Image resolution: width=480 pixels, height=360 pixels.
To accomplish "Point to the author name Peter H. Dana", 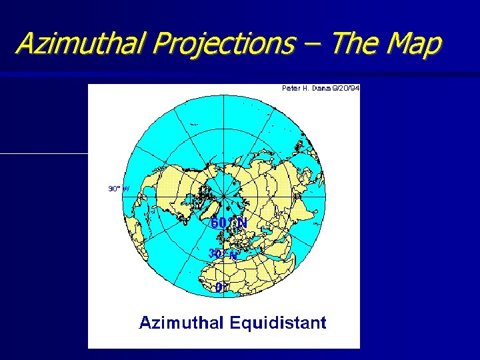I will pos(304,88).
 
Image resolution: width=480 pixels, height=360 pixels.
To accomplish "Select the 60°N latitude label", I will pos(229,223).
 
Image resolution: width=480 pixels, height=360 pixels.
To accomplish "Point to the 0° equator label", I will pos(220,288).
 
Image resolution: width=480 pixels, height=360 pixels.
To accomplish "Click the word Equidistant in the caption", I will pos(278,323).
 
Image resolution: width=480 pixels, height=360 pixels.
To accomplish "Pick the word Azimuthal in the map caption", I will pos(181,323).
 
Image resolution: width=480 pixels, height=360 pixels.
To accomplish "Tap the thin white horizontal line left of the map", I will pos(44,153).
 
